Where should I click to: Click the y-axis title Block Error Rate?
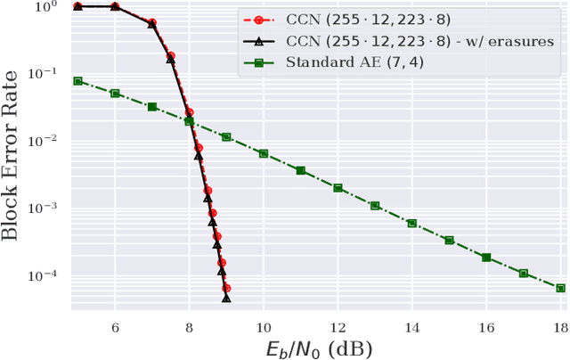pyautogui.click(x=16, y=157)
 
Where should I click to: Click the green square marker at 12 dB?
pyautogui.click(x=338, y=188)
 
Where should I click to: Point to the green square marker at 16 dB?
pyautogui.click(x=486, y=258)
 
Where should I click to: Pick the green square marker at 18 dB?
pyautogui.click(x=560, y=288)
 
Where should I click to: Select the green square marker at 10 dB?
pyautogui.click(x=264, y=153)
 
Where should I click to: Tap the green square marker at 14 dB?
pyautogui.click(x=411, y=224)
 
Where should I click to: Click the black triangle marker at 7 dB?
pyautogui.click(x=152, y=25)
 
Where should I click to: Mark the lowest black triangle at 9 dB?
pyautogui.click(x=226, y=299)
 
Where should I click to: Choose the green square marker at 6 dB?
pyautogui.click(x=115, y=93)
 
